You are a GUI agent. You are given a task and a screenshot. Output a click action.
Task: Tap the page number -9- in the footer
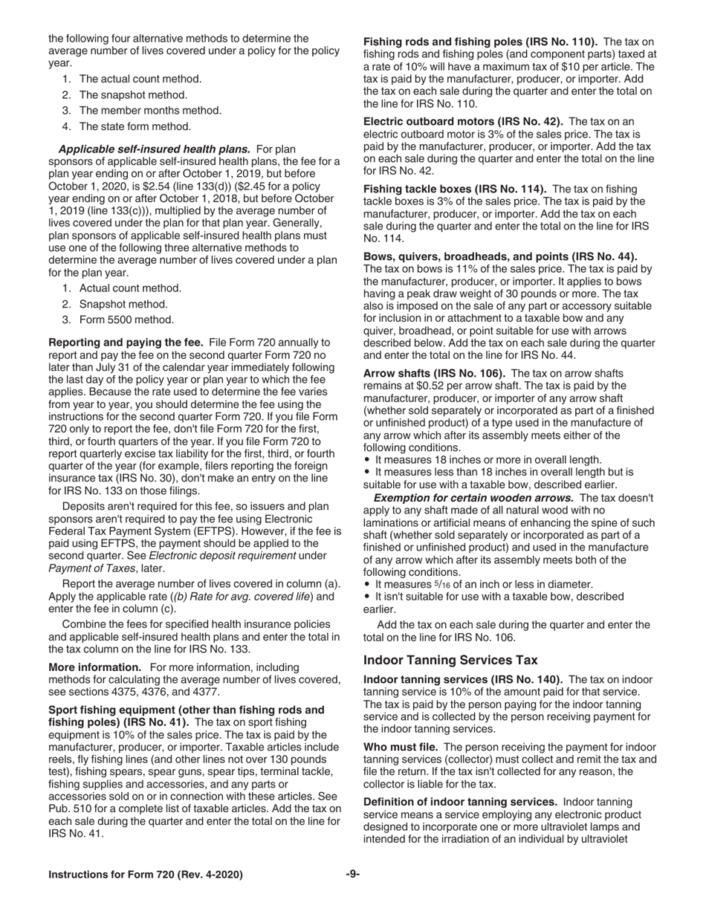[x=353, y=875]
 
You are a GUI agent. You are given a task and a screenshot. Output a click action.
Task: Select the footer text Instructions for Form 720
[x=145, y=875]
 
